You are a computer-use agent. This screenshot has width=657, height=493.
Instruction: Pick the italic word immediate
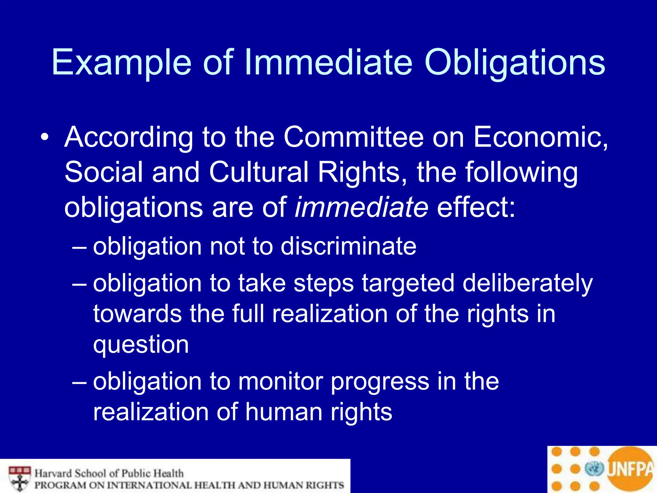[361, 207]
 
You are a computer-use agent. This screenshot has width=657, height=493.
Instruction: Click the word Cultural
[259, 172]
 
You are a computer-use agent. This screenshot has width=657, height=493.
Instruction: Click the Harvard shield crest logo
[20, 478]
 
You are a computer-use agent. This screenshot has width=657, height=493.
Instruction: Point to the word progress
[380, 382]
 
